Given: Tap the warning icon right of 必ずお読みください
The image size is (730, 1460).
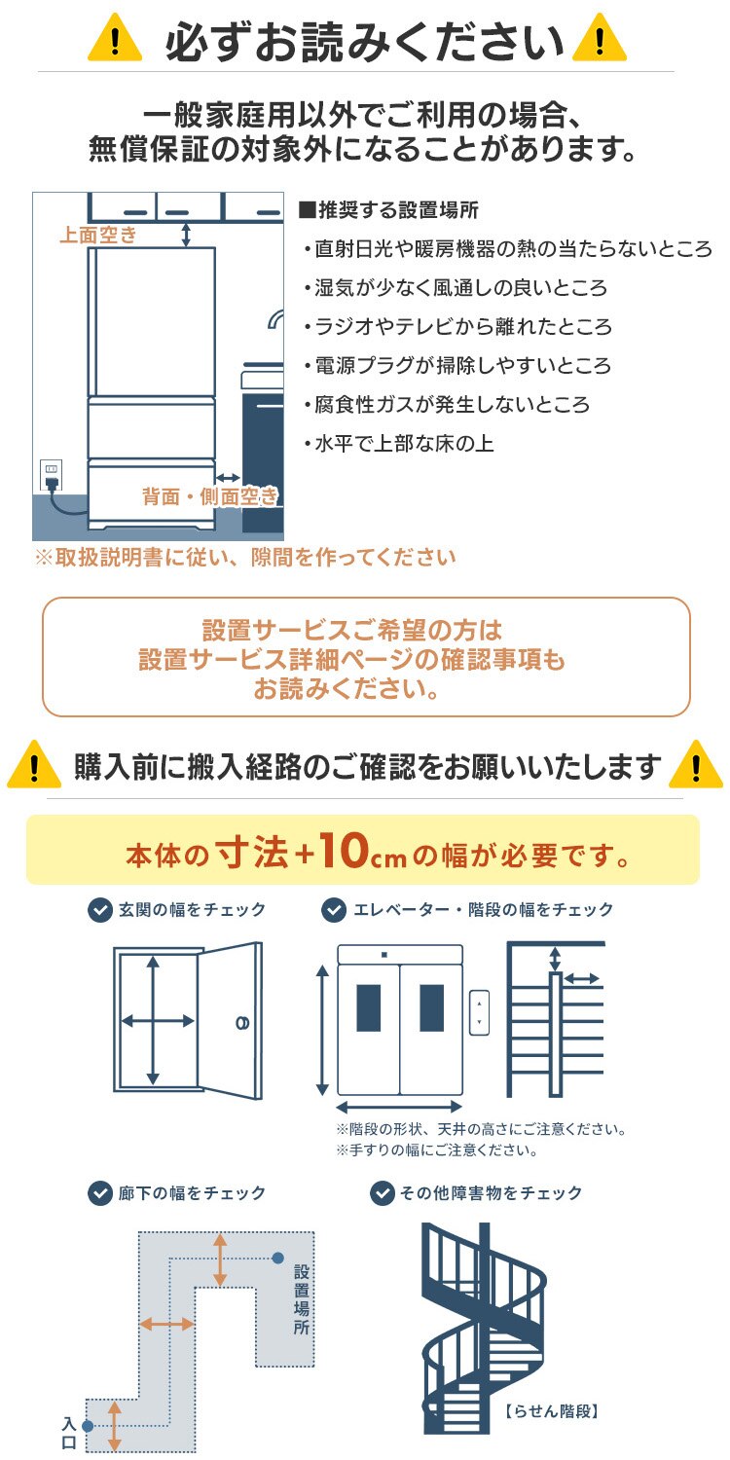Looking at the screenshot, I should point(601,41).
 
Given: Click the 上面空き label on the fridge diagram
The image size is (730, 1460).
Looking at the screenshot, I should point(98,235).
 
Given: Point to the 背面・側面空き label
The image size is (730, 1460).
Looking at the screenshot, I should point(209,497).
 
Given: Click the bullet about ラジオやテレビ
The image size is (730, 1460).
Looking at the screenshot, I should point(456,327).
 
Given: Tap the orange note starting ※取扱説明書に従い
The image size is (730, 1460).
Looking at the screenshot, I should point(244,558).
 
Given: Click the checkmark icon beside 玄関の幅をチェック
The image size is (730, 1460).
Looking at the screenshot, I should point(99,910).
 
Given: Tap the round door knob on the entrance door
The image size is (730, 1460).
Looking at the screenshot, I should point(240,1022).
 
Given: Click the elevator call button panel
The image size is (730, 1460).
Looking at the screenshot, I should point(478,1012).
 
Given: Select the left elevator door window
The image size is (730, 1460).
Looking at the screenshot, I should point(369,1007).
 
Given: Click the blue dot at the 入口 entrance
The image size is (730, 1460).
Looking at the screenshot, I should point(88,1426).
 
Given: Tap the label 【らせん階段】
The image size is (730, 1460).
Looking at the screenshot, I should point(551,1409).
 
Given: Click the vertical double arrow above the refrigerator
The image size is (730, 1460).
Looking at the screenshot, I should point(186,234).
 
